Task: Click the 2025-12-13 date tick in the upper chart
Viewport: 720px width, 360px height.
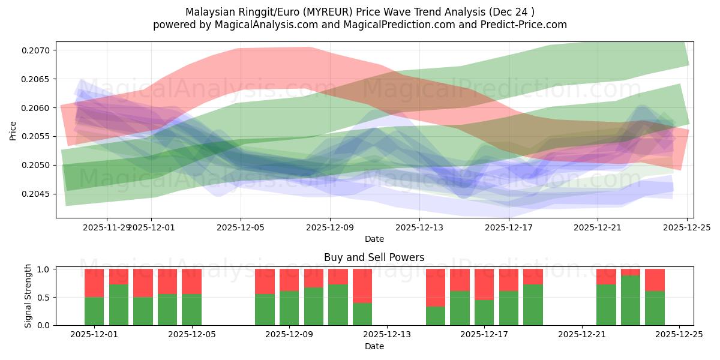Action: pos(419,227)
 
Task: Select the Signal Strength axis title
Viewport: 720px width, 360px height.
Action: pos(28,296)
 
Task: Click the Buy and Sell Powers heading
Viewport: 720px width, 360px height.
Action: pos(374,257)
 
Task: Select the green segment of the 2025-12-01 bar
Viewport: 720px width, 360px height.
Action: pos(94,311)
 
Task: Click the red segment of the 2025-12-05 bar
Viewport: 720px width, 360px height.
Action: pos(191,281)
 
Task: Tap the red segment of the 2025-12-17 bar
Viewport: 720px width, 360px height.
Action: pos(484,284)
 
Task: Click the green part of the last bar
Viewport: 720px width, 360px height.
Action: pos(655,308)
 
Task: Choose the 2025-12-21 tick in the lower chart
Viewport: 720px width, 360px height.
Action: pos(582,335)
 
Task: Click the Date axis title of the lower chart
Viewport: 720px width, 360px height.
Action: pos(374,346)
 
